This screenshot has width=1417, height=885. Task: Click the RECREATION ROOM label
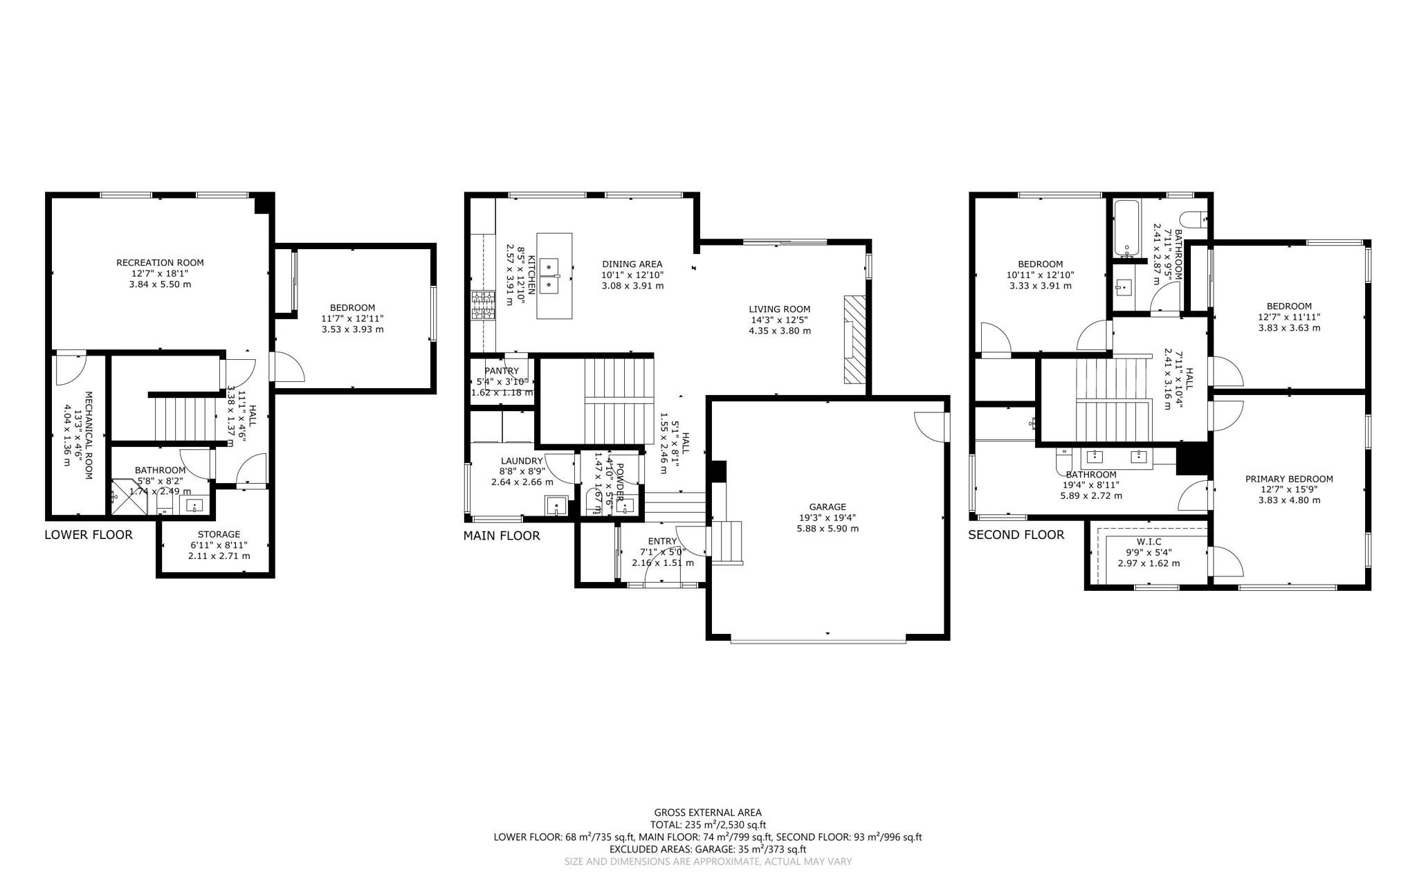160,262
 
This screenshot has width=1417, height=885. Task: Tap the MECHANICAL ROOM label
88,435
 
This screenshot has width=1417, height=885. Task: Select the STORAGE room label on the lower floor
219,534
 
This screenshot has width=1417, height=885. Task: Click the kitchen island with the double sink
555,275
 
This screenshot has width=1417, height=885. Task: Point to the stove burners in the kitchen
484,305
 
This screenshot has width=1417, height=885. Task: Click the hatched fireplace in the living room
854,339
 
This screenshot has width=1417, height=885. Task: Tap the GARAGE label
828,507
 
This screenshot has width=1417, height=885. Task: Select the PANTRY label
502,372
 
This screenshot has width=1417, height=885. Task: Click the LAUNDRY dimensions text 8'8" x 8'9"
522,471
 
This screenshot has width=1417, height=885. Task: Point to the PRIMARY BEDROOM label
1288,479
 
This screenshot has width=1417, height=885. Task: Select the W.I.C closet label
1149,541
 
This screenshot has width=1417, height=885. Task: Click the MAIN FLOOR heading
501,536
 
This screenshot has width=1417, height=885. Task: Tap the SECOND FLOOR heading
1015,534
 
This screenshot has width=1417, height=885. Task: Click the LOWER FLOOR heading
88,534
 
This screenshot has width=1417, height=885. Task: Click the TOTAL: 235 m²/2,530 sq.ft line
707,825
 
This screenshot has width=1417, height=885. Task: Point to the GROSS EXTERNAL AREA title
707,812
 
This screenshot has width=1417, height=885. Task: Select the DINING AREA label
632,264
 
